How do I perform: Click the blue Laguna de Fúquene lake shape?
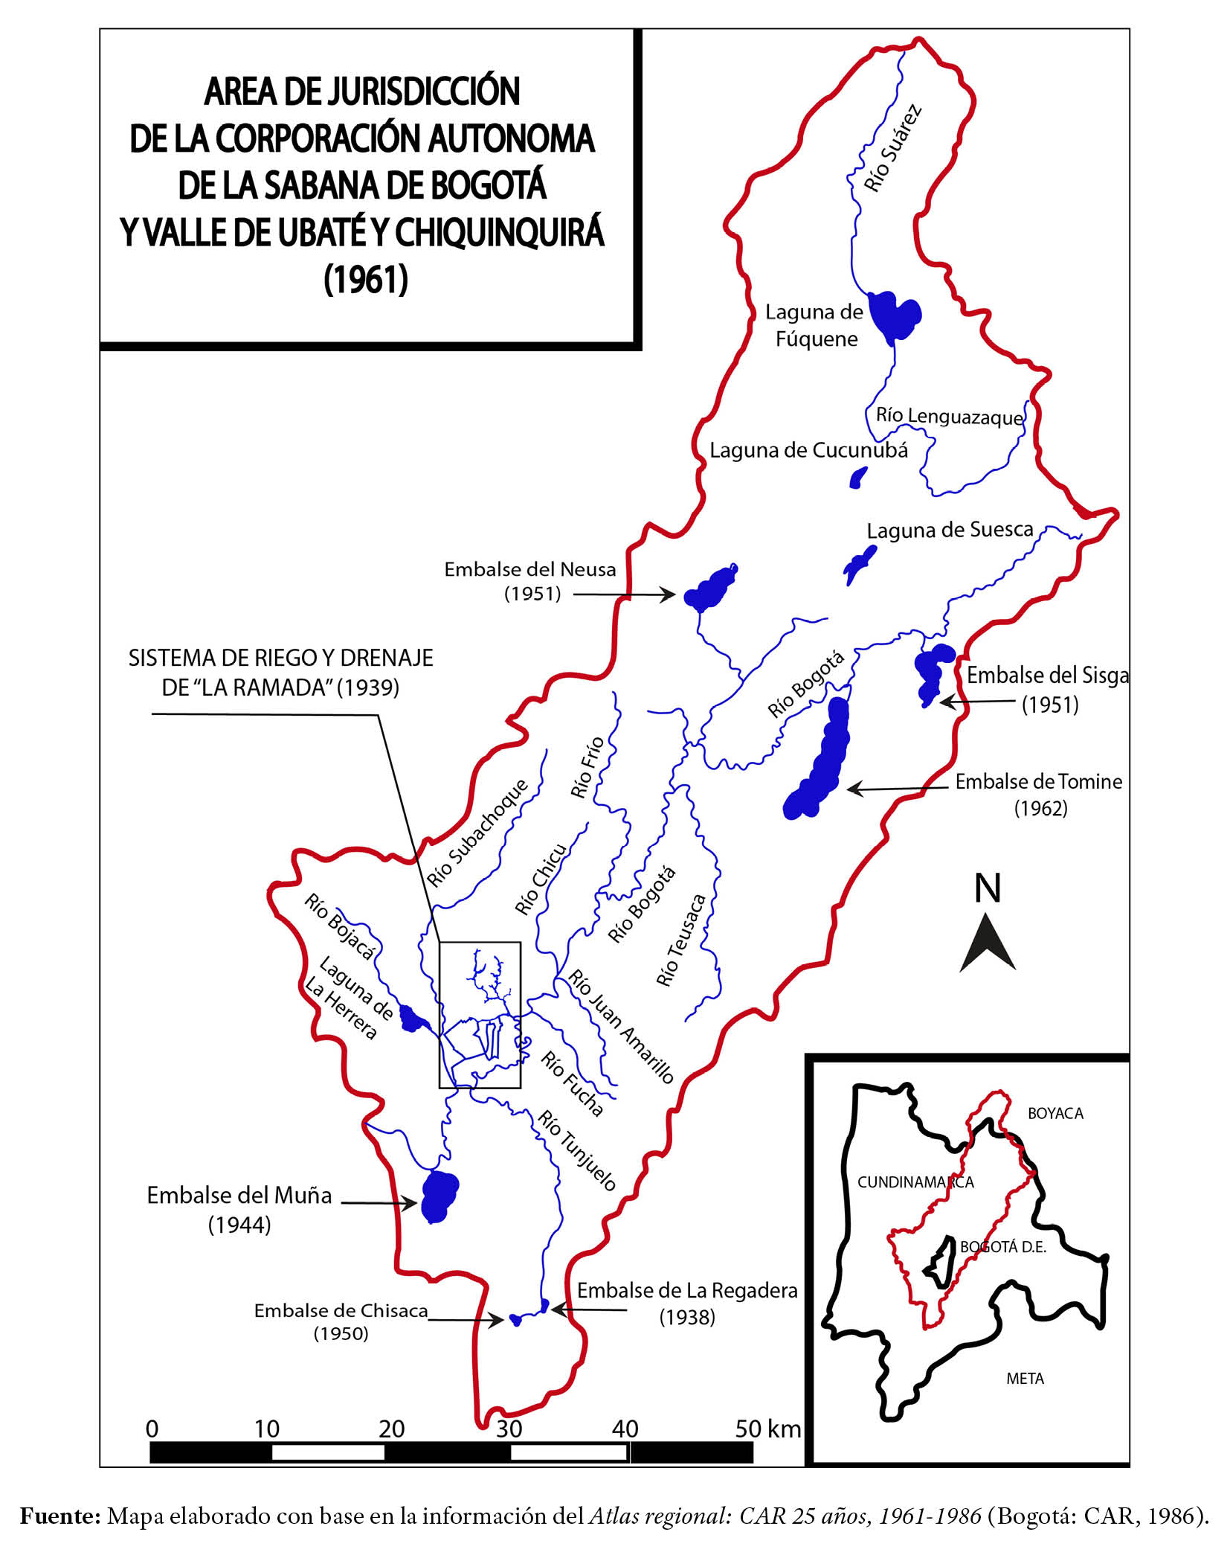(895, 315)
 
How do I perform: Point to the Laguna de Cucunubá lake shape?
(859, 477)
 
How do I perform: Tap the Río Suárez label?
(892, 149)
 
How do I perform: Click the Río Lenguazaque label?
(949, 416)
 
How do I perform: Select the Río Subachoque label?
(477, 833)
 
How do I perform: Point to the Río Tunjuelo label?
(577, 1150)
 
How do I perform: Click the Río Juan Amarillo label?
(621, 1027)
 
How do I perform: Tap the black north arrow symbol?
(988, 944)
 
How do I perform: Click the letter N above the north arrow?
(988, 888)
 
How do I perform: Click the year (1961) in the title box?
(366, 279)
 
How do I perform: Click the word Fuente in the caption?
(59, 1516)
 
